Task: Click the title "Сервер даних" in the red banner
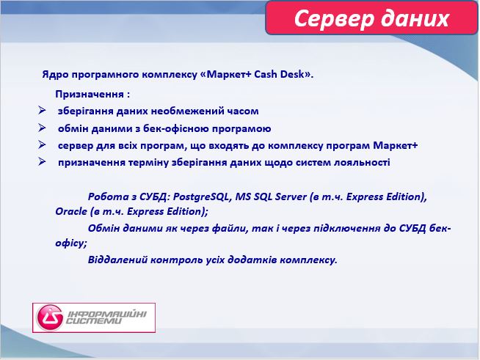point(371,18)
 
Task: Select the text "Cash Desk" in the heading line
point(278,75)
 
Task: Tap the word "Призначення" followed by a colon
point(89,95)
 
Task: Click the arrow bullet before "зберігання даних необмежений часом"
point(43,111)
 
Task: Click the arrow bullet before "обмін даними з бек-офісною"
point(43,128)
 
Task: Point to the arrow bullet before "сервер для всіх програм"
point(43,145)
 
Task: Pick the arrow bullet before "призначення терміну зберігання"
point(43,162)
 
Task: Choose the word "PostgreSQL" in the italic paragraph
point(200,197)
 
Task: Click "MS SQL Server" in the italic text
point(271,197)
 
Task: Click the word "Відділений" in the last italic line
point(115,260)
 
